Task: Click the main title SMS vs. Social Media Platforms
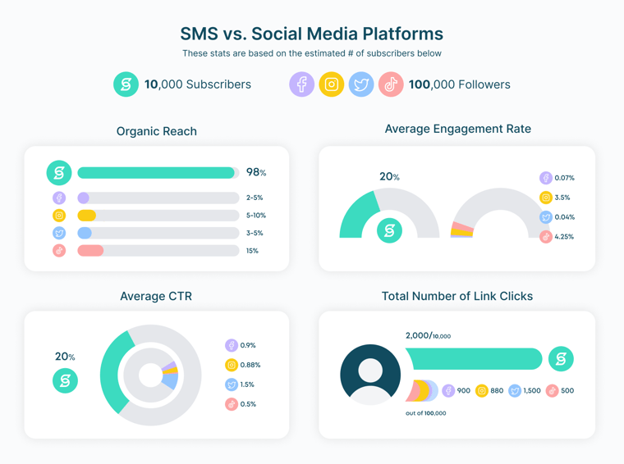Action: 311,34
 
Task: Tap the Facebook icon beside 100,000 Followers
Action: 301,84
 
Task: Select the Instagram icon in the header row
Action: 331,84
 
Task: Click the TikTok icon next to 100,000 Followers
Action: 391,84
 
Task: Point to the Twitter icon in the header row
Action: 361,84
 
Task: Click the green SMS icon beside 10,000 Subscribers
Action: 126,84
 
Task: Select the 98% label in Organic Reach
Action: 256,173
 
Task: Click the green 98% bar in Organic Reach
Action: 156,173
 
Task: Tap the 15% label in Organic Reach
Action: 252,251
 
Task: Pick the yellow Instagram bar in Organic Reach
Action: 86,216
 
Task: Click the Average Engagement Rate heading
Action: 457,129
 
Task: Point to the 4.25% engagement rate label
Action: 564,237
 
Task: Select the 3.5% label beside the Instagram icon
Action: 562,198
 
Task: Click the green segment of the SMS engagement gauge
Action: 356,215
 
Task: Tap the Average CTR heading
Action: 156,296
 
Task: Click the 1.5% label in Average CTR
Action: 247,384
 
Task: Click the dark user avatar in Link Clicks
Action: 370,374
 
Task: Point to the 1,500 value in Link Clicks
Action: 531,391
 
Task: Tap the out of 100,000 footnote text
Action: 425,413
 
